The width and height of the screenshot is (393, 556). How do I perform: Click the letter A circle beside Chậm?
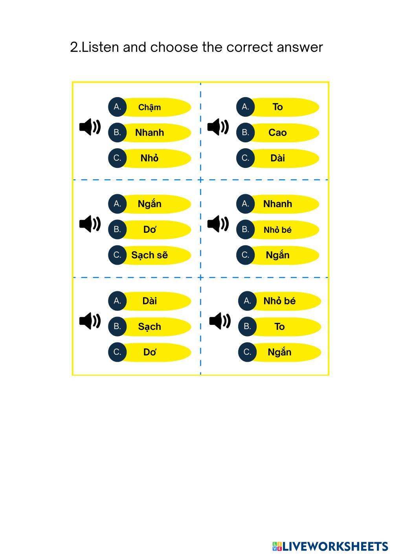tap(117, 107)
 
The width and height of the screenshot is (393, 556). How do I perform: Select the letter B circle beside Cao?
tap(245, 133)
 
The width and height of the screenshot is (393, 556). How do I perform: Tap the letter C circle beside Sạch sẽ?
tap(117, 255)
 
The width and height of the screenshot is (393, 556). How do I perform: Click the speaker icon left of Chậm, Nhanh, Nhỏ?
tap(90, 127)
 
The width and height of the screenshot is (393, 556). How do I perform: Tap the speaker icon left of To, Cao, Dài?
tap(218, 127)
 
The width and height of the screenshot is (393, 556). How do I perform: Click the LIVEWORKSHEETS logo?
tap(330, 546)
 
